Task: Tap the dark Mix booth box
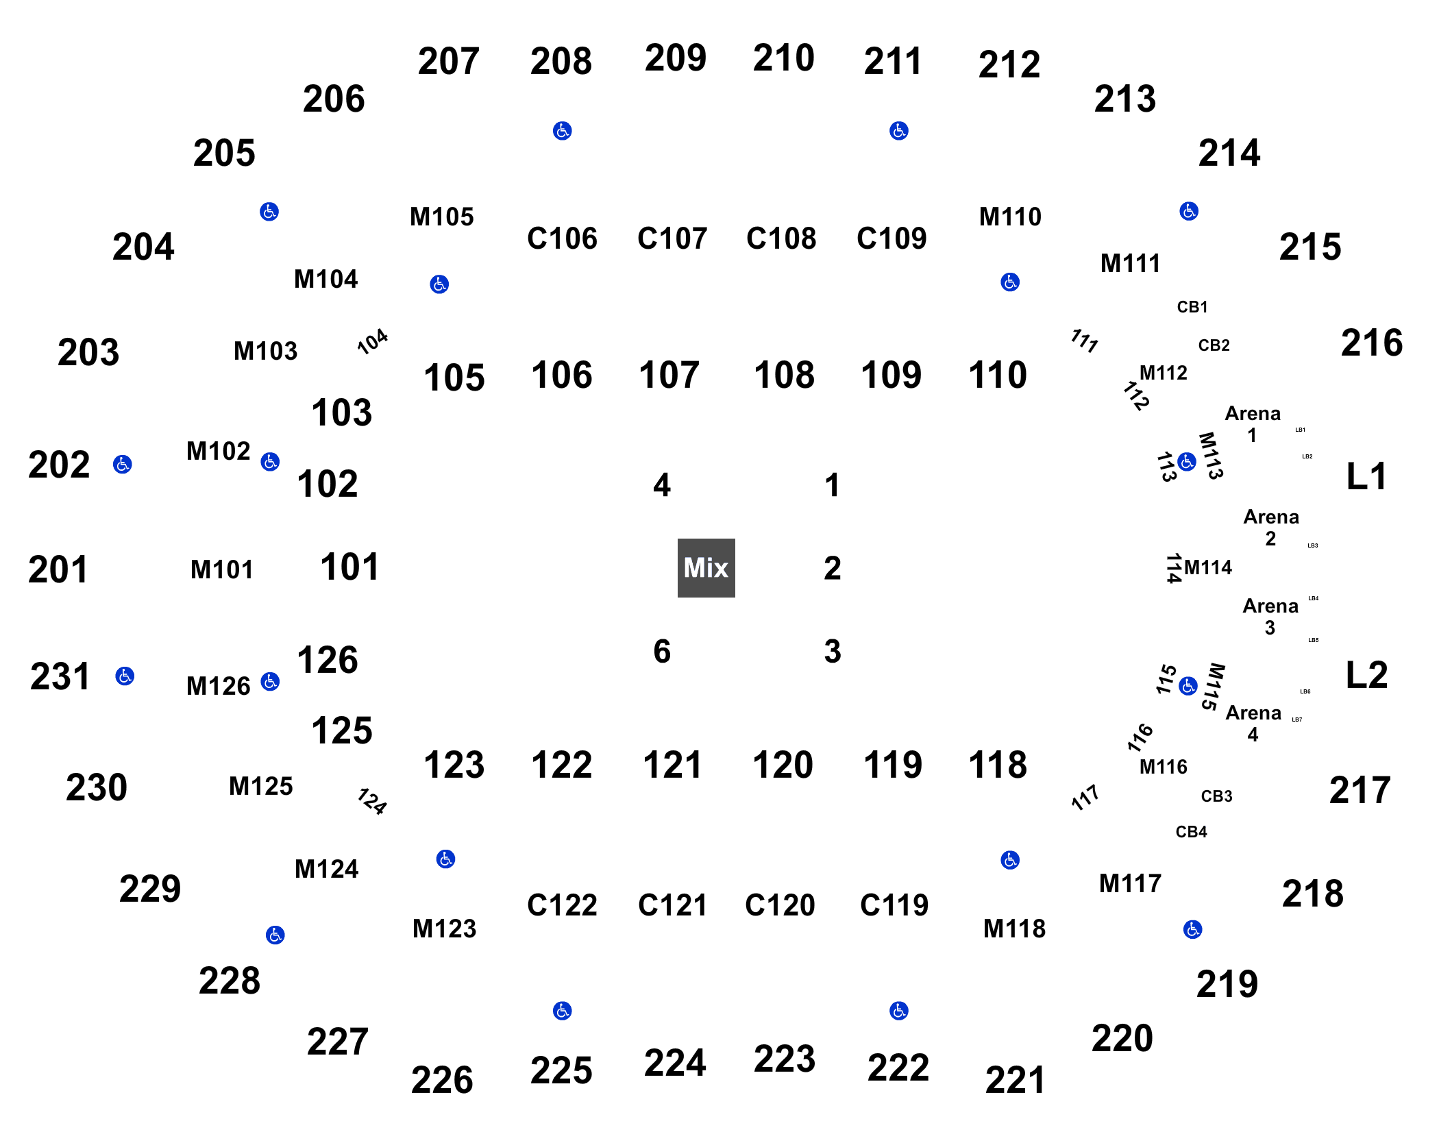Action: coord(706,567)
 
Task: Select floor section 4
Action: coord(661,485)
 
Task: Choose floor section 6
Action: coord(661,651)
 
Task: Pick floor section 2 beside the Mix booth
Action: coord(832,568)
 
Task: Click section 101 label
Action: coord(349,567)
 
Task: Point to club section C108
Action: coord(781,238)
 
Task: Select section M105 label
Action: coord(442,217)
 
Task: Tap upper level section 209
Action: coord(675,58)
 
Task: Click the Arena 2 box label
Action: coord(1271,527)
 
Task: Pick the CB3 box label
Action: coord(1216,796)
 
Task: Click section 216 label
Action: coord(1372,343)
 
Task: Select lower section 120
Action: coord(783,765)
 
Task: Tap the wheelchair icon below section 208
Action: coord(563,131)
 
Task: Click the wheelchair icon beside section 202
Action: coord(123,464)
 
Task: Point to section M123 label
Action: coord(444,929)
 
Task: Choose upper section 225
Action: coord(561,1070)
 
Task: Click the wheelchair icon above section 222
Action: coord(899,1010)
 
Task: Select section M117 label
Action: coord(1131,883)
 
